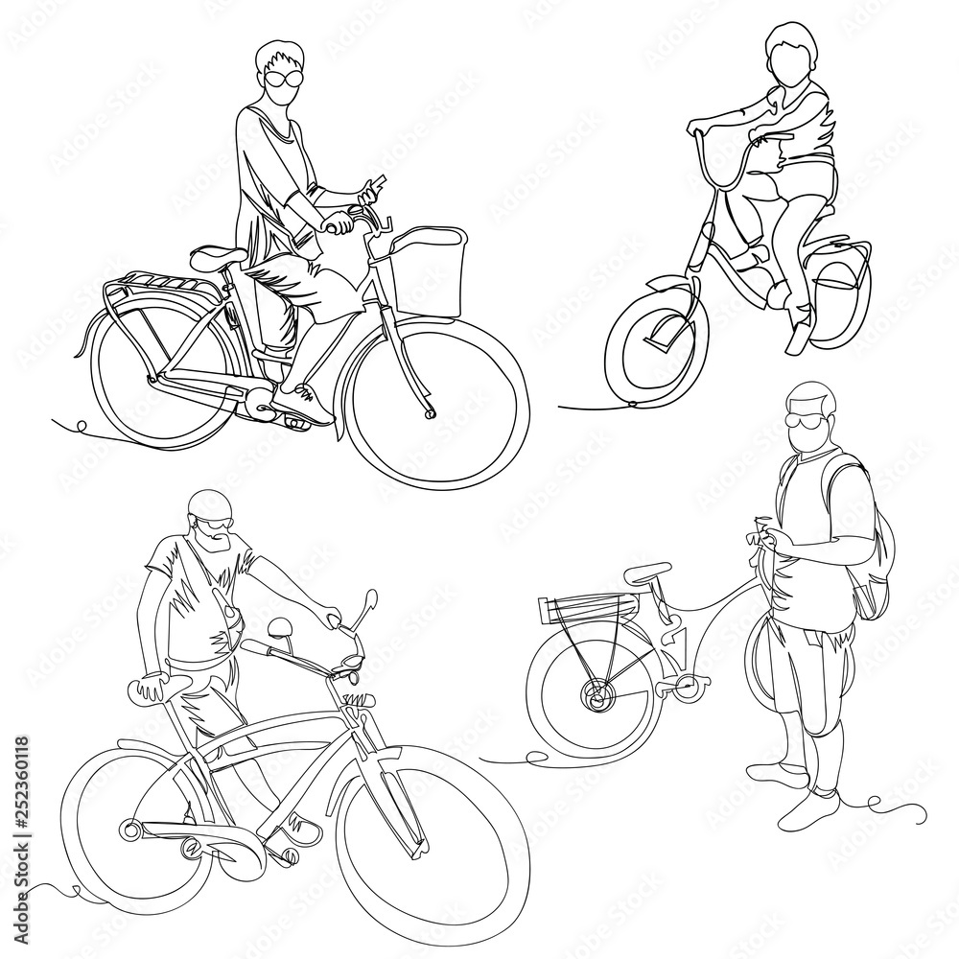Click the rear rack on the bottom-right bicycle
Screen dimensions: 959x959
point(585,605)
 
